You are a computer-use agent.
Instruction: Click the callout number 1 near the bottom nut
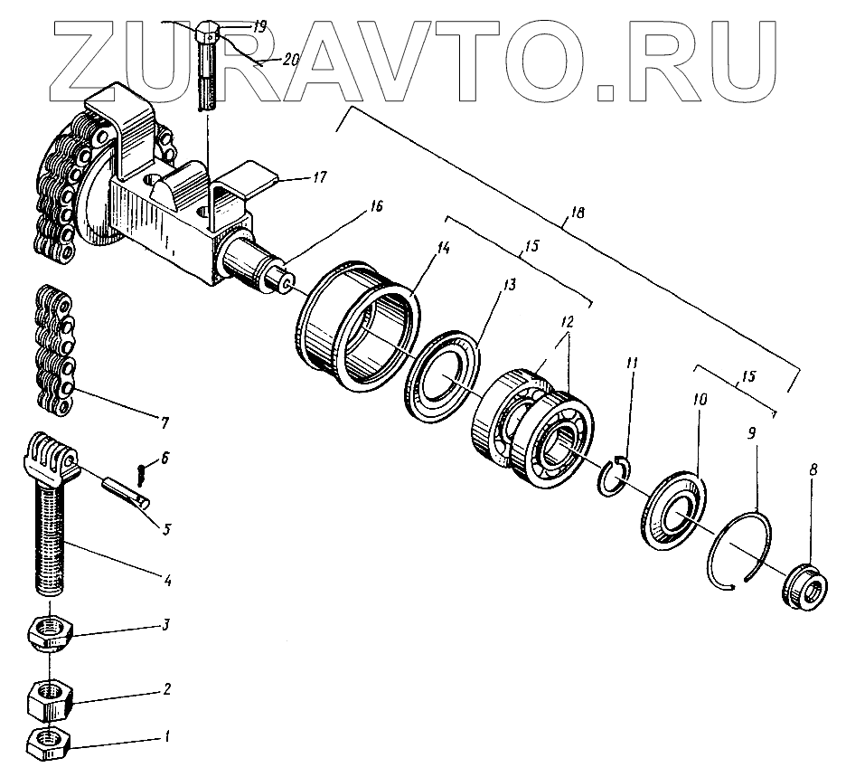point(165,737)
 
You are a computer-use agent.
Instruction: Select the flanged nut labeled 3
point(51,633)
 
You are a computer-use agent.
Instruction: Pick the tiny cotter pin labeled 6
point(140,472)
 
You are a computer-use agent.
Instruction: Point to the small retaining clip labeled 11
point(614,477)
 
